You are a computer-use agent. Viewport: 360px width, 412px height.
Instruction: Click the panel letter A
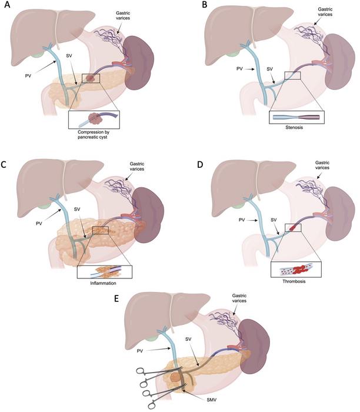click(x=5, y=5)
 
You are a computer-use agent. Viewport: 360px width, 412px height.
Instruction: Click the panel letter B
click(x=205, y=5)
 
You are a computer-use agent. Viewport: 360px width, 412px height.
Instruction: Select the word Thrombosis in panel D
click(x=294, y=281)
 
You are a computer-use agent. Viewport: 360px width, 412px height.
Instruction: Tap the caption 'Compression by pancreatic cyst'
click(x=94, y=135)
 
